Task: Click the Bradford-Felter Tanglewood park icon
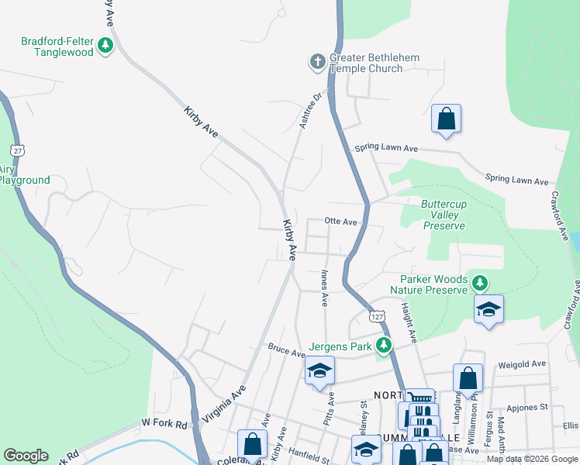[x=105, y=46]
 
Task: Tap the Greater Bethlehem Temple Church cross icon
[x=317, y=62]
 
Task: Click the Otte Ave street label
[x=340, y=222]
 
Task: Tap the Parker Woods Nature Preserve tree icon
[x=481, y=284]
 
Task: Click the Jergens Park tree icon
[x=382, y=346]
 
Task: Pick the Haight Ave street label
[x=408, y=323]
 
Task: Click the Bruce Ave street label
[x=287, y=351]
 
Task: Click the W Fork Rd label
[x=164, y=424]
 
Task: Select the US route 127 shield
[x=377, y=317]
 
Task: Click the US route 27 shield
[x=16, y=149]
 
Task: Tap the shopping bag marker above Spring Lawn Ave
[x=446, y=119]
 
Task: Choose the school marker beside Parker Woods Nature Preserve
[x=489, y=309]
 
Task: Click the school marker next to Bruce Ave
[x=319, y=371]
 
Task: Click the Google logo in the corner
[x=26, y=456]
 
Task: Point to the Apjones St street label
[x=526, y=407]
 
